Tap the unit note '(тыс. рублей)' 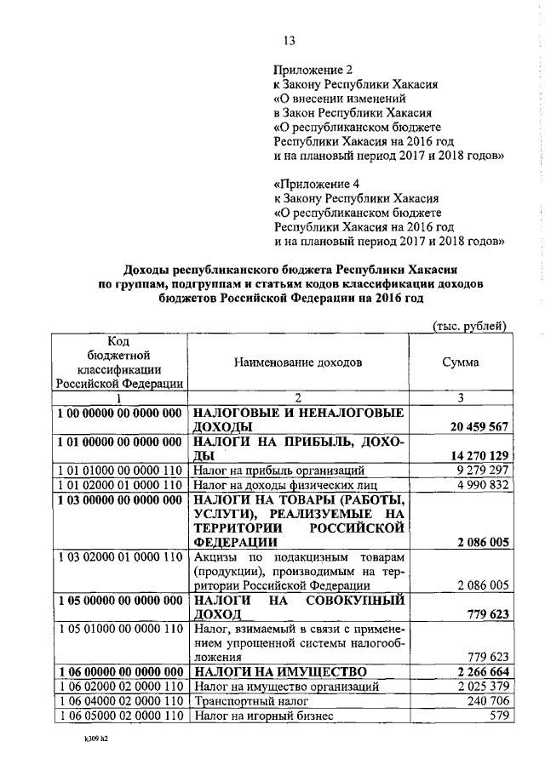coord(470,326)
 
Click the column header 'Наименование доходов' coord(299,362)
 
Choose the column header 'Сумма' coord(460,362)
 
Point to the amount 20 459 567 coord(476,426)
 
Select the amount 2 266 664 coord(480,672)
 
